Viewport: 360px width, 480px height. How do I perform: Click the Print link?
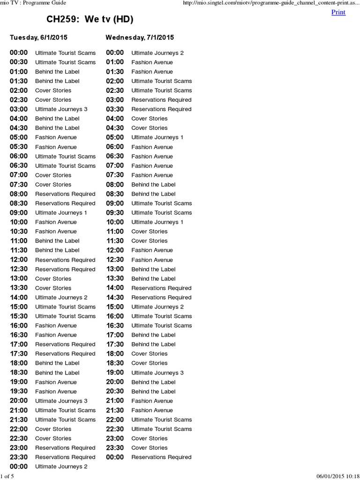coord(338,12)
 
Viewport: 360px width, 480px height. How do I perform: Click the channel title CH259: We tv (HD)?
coord(90,20)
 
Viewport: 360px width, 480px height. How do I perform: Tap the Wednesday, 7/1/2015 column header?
coord(140,37)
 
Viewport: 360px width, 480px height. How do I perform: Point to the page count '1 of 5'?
coord(7,476)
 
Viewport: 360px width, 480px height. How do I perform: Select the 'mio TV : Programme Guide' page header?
coord(33,3)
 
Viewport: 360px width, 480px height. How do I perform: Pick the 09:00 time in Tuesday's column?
coord(19,213)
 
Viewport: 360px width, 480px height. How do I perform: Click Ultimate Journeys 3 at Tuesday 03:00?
coord(61,109)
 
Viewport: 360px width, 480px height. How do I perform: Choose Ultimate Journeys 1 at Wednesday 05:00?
coord(157,137)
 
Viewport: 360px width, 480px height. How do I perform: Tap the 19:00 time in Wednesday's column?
coord(115,373)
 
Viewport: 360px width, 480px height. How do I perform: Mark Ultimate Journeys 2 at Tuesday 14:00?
coord(61,298)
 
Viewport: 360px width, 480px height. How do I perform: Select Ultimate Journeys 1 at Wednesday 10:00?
coord(157,222)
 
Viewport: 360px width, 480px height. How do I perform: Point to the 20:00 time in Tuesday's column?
coord(19,401)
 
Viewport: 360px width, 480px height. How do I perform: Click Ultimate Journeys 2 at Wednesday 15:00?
coord(157,307)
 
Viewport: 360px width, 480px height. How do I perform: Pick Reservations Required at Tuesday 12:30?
coord(65,270)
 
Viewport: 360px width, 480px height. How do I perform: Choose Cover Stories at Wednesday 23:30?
coord(149,448)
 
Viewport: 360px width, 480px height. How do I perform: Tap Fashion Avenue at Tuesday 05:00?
coord(56,137)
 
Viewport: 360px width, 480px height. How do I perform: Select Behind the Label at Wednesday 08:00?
coord(153,185)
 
